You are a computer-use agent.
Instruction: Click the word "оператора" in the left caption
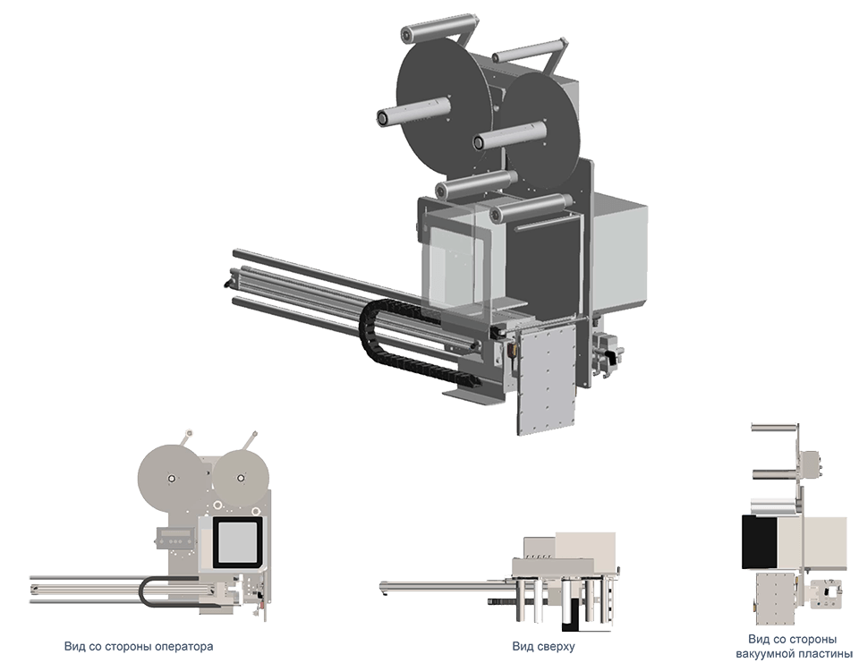pyautogui.click(x=183, y=647)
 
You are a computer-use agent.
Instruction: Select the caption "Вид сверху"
pyautogui.click(x=544, y=647)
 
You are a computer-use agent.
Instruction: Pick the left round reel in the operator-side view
pyautogui.click(x=172, y=478)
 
